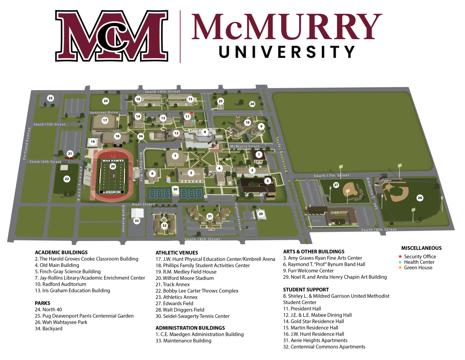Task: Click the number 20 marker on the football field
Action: click(x=113, y=166)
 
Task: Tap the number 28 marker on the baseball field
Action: click(x=420, y=198)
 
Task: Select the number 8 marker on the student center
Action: click(x=205, y=132)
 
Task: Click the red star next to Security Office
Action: click(x=400, y=257)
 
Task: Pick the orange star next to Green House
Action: click(x=400, y=268)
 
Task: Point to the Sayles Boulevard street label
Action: click(x=281, y=155)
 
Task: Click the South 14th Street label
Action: click(x=162, y=92)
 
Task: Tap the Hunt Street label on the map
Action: click(x=143, y=205)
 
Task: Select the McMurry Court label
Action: click(x=245, y=146)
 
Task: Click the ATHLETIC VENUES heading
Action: click(x=177, y=253)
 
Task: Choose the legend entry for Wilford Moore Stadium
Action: click(x=185, y=278)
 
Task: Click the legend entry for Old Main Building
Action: click(x=57, y=265)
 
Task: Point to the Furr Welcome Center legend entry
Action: click(x=308, y=271)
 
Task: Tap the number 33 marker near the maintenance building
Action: click(x=137, y=221)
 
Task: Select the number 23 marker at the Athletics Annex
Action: click(x=51, y=98)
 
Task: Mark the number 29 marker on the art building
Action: click(x=261, y=214)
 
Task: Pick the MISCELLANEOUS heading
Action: click(x=421, y=248)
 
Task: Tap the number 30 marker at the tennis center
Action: click(x=175, y=189)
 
